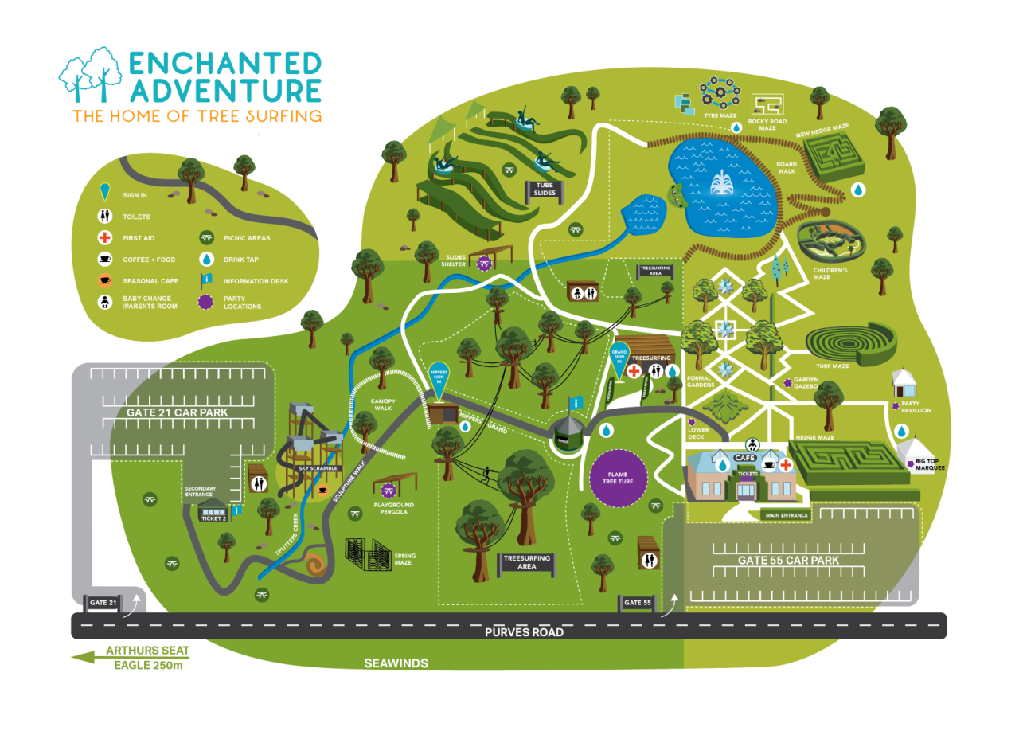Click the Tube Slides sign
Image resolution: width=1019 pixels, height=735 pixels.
coord(544,189)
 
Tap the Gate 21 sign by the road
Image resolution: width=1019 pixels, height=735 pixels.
coord(103,603)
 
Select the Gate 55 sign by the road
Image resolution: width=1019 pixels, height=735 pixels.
coord(638,603)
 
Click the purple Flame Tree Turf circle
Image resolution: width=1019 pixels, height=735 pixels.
coord(618,479)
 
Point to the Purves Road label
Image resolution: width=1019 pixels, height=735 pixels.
coord(525,632)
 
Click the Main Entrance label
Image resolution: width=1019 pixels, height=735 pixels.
coord(787,515)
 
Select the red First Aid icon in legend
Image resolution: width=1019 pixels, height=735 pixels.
coord(104,237)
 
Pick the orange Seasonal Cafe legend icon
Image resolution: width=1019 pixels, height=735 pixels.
coord(104,280)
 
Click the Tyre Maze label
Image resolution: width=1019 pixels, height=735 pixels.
coord(720,115)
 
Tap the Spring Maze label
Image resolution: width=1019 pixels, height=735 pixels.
coord(404,559)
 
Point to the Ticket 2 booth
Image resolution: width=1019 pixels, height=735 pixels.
coord(213,515)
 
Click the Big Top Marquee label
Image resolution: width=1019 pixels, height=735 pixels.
coord(930,464)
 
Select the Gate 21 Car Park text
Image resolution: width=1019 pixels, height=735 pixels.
coord(178,412)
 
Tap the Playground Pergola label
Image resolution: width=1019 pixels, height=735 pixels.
coord(394,508)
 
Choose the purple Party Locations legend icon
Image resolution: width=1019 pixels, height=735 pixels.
coord(206,302)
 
